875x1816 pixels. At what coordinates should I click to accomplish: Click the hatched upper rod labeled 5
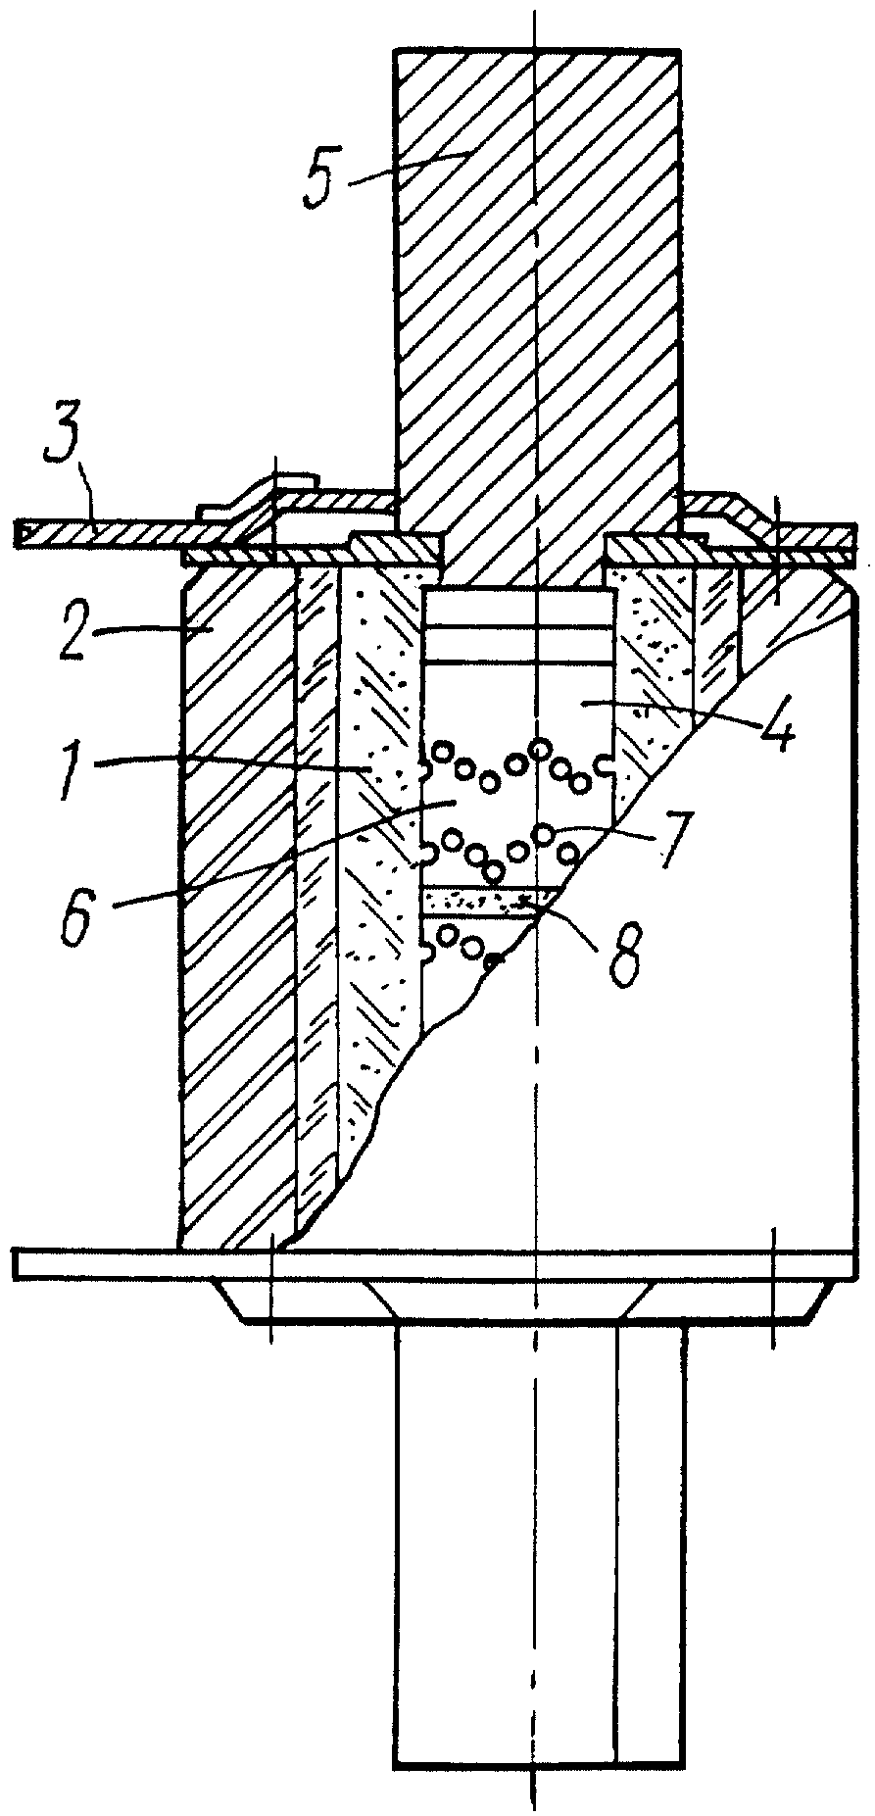[x=535, y=294]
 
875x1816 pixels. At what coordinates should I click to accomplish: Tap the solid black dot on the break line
[x=498, y=959]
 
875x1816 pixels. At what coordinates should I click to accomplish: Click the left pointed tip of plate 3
[x=17, y=534]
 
